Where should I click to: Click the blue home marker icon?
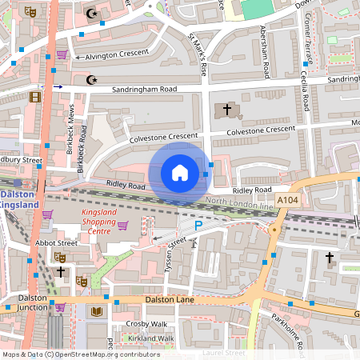pos(179,172)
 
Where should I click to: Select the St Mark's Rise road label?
pos(198,54)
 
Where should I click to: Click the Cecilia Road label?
pos(306,93)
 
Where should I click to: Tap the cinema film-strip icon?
pos(34,97)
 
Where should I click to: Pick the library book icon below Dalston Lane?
pos(97,311)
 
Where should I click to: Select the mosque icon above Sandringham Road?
pos(90,79)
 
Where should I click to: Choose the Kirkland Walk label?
pos(150,338)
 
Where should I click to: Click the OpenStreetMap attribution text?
pos(81,354)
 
